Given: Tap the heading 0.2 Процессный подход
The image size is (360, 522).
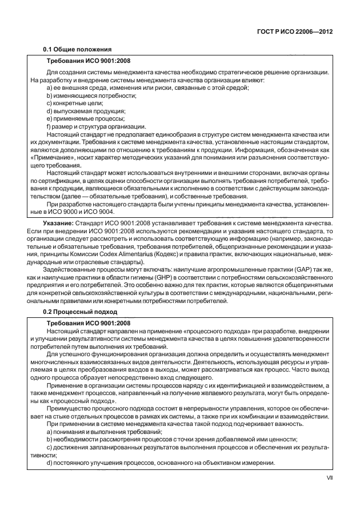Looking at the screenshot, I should (80, 312).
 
